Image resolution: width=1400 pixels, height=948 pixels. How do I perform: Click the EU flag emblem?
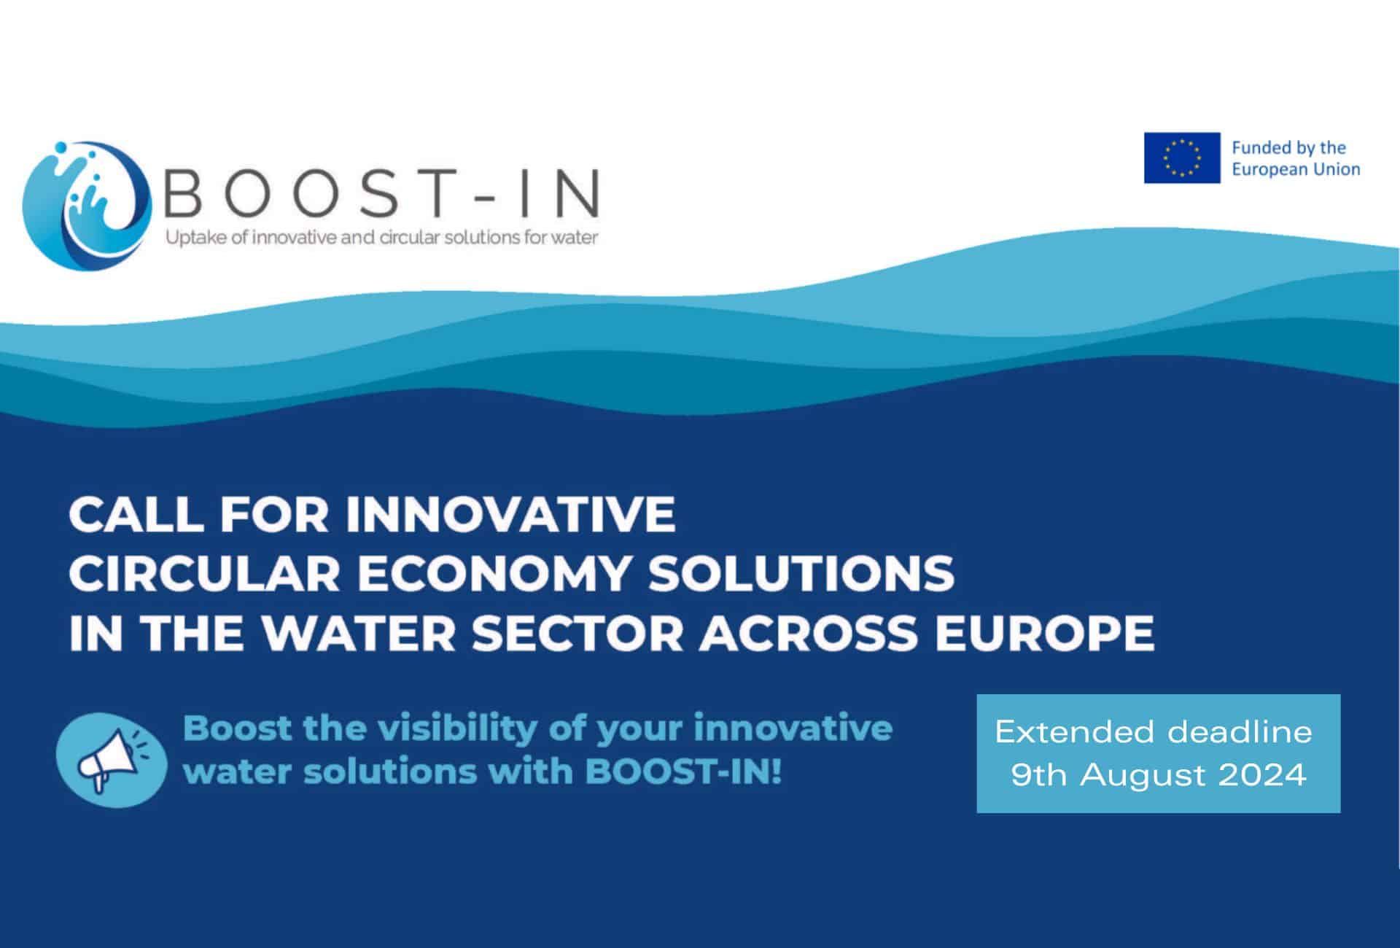coord(1181,158)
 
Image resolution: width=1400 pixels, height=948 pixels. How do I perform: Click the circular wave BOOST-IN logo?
coord(87,205)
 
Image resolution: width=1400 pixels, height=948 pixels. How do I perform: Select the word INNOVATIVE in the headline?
coord(510,514)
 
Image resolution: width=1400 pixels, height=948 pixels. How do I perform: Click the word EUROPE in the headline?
coord(1045,632)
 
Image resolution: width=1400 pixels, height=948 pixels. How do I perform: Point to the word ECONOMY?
coord(493,573)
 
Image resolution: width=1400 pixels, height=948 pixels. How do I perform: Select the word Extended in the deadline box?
coord(1076,731)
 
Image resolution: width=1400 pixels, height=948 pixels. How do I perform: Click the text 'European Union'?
coord(1296,170)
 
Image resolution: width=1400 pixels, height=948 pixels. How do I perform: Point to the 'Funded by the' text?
coord(1288,148)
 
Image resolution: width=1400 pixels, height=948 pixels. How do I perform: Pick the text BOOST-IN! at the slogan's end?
coord(683,772)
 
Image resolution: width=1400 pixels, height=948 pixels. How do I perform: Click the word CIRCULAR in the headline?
coord(205,573)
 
